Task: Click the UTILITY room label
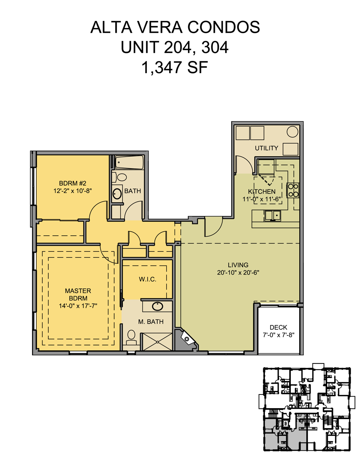266,148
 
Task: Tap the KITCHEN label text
262,192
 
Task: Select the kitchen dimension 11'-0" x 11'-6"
262,199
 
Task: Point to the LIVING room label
238,265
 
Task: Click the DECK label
278,327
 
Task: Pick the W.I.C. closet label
148,279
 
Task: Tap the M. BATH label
151,322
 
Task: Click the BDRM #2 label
72,183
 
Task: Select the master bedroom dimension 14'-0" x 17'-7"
78,306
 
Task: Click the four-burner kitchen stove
293,190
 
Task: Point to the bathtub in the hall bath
129,162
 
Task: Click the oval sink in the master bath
157,306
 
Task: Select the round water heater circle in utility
292,132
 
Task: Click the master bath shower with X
156,342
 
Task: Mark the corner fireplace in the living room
186,339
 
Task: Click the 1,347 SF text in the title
175,67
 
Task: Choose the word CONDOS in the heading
224,27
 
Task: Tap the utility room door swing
244,165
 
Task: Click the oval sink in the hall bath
117,193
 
